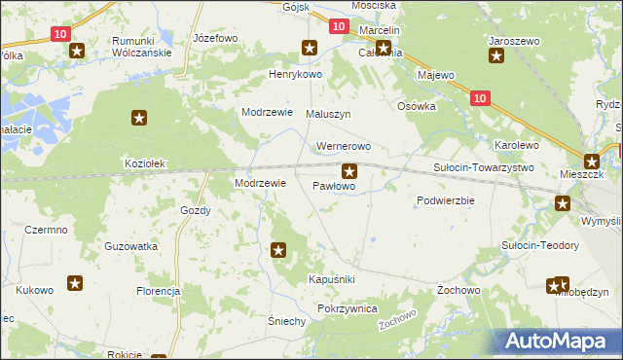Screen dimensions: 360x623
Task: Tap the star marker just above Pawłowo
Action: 349,171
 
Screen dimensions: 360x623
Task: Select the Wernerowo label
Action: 344,147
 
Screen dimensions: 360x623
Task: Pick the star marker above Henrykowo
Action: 310,47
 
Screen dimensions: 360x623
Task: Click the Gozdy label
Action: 196,210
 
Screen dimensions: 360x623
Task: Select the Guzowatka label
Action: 131,247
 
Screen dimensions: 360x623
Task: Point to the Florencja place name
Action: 159,291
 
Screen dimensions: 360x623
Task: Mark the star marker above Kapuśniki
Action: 279,251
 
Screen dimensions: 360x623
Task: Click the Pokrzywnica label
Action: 347,307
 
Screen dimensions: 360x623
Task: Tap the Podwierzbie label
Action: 445,200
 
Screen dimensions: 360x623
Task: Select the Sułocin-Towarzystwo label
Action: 483,167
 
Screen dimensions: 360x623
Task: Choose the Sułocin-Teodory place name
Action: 540,245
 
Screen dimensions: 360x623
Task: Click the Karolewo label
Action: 516,145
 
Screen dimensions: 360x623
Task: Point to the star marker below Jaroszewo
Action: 496,56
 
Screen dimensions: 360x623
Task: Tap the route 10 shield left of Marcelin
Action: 337,28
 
